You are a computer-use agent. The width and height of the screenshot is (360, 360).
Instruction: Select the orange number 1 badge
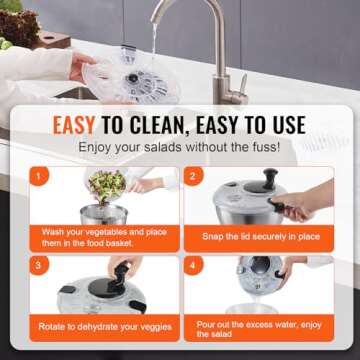(x=40, y=177)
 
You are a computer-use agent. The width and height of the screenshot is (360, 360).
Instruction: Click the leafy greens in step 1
(x=106, y=185)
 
